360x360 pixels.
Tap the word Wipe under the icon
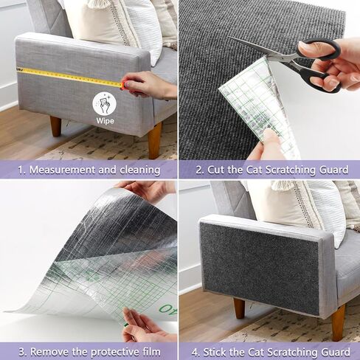[105, 120]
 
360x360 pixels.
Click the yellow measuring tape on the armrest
[66, 76]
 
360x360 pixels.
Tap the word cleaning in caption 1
[137, 170]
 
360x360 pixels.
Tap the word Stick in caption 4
[218, 350]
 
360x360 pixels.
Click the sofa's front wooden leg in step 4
[337, 322]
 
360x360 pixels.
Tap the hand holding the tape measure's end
[148, 86]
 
